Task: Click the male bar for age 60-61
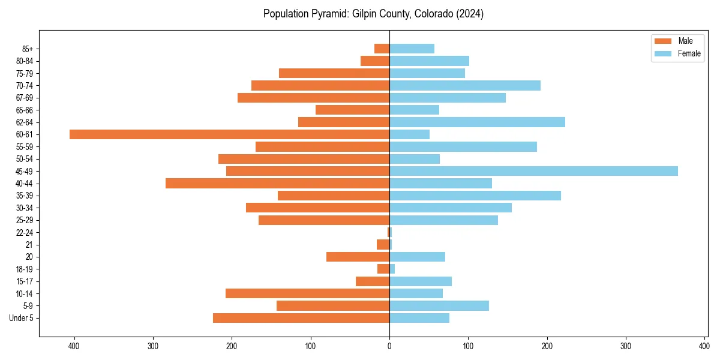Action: click(229, 134)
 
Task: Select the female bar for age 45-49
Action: click(533, 171)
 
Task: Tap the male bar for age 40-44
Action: click(277, 184)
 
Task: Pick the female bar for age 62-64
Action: click(477, 122)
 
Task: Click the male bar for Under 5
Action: click(301, 318)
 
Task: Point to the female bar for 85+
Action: click(412, 49)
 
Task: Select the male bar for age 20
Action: click(358, 257)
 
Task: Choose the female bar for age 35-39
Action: click(475, 196)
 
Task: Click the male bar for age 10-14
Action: click(307, 293)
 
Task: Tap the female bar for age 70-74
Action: click(465, 85)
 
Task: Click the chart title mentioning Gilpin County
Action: click(373, 14)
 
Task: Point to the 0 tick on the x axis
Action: click(389, 346)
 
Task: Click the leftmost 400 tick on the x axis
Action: click(74, 346)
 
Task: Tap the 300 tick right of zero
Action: click(626, 346)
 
